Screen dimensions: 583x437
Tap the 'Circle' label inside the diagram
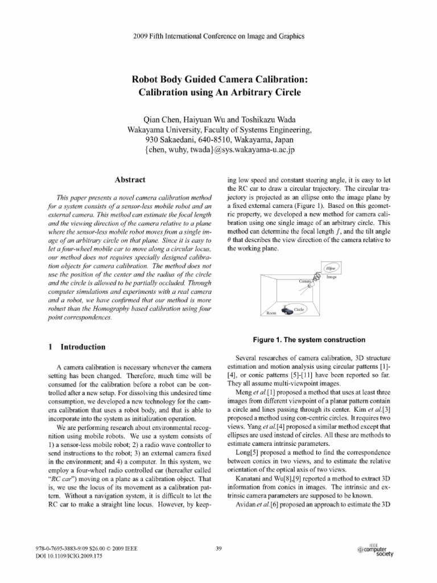click(299, 309)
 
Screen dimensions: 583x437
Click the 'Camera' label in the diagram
click(306, 281)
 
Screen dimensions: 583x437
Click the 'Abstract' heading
click(131, 179)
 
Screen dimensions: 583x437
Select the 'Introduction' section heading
click(83, 346)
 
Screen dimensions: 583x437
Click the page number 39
click(219, 548)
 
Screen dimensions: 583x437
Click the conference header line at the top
click(218, 36)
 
